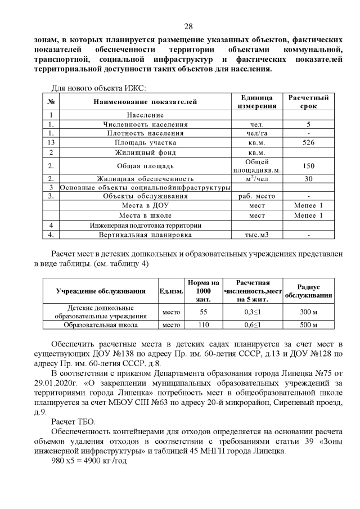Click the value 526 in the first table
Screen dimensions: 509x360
(x=308, y=143)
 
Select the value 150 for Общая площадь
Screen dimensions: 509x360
(x=308, y=166)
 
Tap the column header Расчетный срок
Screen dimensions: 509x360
(x=308, y=102)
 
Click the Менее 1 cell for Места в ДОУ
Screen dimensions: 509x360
(x=308, y=206)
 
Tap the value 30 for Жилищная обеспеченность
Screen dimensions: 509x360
(x=308, y=178)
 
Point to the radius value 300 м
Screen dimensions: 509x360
(x=308, y=312)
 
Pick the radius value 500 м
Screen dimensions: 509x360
(x=308, y=325)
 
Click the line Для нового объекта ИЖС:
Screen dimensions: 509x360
(x=98, y=88)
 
